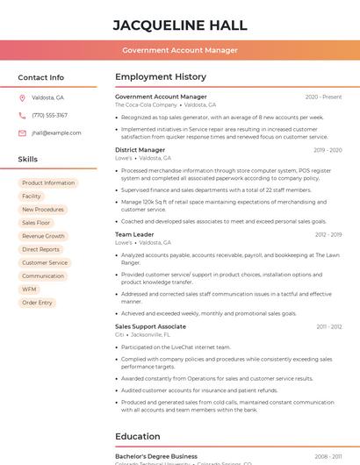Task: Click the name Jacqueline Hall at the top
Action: tap(180, 25)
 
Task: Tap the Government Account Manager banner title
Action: tap(180, 50)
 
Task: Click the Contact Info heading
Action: tap(41, 77)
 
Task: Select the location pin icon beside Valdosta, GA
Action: tap(22, 97)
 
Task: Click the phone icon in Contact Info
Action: tap(22, 115)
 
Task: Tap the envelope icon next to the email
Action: tap(22, 133)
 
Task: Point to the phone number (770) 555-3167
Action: tap(49, 115)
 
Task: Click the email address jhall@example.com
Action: tap(56, 133)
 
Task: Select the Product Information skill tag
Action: tap(48, 183)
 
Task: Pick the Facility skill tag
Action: tap(32, 197)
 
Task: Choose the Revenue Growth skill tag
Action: tap(43, 236)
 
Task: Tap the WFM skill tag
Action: tap(30, 289)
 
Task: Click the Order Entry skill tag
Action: tap(37, 303)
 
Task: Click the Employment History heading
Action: tap(161, 77)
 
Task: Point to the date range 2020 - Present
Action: tap(323, 97)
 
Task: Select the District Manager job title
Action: tap(140, 150)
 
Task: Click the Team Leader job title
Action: tap(134, 234)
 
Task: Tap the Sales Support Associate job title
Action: tap(150, 326)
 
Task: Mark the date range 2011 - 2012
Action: tap(329, 326)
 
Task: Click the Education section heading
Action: tap(138, 436)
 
